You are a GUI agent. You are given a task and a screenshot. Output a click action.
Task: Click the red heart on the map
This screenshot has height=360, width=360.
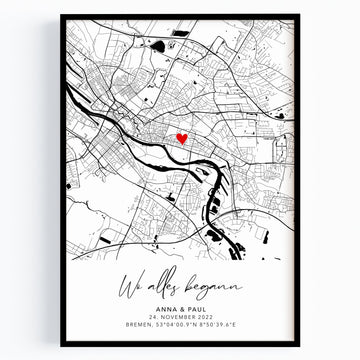point(181,140)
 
